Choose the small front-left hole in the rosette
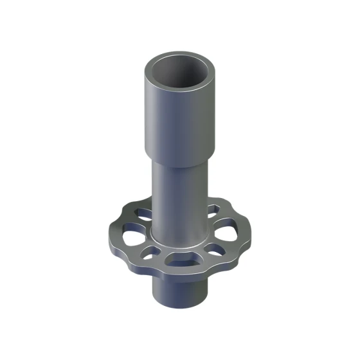[152, 251]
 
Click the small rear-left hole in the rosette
[143, 212]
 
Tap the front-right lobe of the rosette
[225, 257]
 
